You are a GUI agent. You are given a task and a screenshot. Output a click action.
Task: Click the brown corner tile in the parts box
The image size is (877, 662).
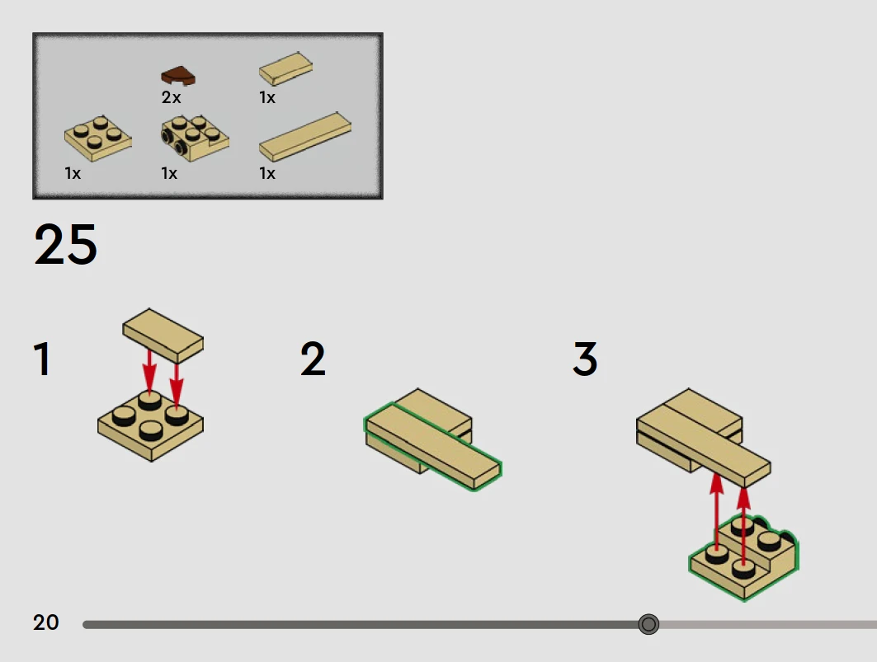(178, 76)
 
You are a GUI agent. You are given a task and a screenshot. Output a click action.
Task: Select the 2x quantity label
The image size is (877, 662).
(171, 97)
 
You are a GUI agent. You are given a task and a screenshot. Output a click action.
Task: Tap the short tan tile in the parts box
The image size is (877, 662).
(285, 68)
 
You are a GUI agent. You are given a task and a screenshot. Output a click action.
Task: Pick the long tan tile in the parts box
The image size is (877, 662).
(305, 137)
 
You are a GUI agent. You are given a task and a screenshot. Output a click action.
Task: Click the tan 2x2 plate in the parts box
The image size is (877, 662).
(98, 139)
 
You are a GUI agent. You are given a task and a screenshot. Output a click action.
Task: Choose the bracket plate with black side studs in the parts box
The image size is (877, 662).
(195, 139)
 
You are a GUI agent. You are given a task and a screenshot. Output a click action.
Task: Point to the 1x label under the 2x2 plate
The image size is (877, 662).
(73, 173)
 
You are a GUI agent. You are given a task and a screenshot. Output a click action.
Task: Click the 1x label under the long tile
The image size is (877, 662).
(267, 173)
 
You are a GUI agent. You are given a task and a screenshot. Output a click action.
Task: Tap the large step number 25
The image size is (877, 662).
(66, 244)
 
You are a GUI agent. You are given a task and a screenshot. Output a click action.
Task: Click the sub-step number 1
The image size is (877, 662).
(43, 359)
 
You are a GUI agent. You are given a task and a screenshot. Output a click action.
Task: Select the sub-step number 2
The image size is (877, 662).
(313, 359)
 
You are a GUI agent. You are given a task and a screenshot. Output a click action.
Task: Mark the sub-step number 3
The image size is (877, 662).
(585, 359)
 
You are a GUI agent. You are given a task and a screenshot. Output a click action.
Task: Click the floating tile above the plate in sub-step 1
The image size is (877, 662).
(163, 335)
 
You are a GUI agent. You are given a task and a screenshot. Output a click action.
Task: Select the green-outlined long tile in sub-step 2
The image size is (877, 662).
(433, 446)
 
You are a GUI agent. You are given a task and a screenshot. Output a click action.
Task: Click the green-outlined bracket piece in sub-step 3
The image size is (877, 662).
(744, 558)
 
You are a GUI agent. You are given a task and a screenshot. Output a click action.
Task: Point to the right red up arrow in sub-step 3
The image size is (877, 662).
(743, 527)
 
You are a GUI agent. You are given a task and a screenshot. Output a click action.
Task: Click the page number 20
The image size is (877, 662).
(46, 622)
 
